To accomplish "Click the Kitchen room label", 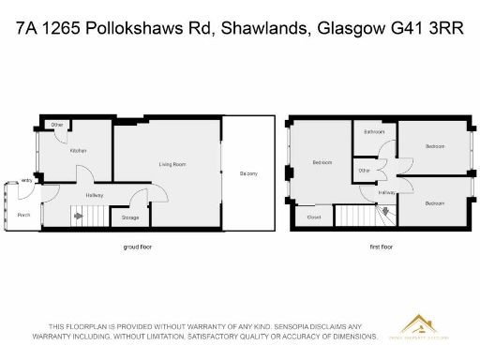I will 79,150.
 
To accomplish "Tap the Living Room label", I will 172,164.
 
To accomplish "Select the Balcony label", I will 248,173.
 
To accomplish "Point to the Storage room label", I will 130,217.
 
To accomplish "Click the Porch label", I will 24,215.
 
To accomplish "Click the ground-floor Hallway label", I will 94,195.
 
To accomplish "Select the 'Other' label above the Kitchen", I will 57,125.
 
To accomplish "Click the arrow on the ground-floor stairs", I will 79,217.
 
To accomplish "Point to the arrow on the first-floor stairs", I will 382,216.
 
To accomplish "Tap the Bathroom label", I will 374,132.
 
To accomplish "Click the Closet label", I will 314,217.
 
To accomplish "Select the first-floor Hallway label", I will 386,192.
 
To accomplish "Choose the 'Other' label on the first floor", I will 365,171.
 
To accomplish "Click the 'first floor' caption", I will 381,247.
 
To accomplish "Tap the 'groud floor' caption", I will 137,247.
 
